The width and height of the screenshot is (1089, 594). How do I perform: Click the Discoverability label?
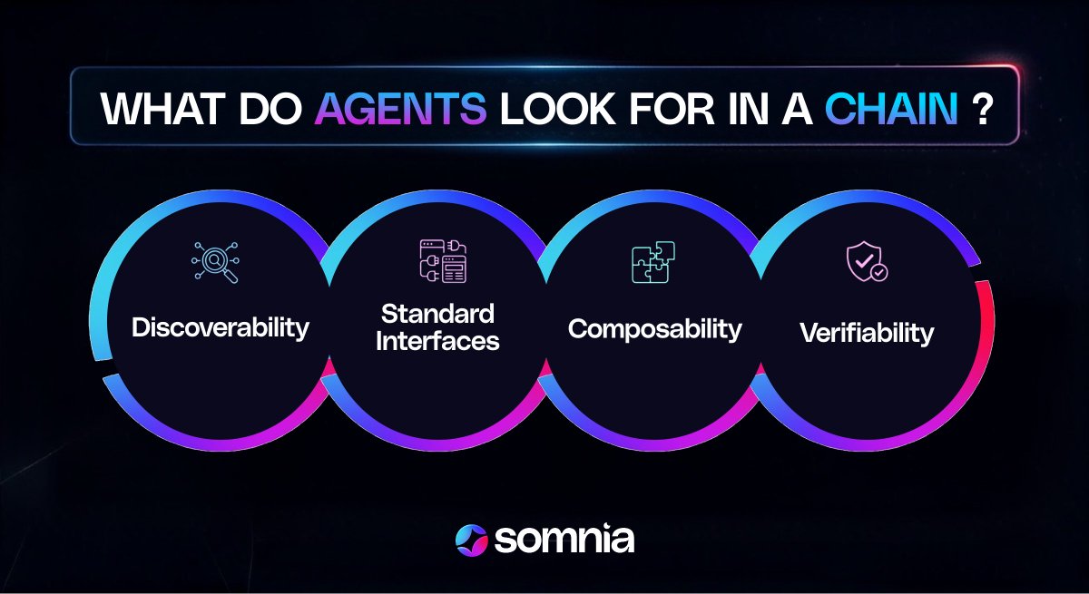(221, 327)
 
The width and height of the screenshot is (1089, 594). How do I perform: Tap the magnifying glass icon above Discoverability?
(215, 263)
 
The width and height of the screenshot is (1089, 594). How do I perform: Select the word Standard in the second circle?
(437, 315)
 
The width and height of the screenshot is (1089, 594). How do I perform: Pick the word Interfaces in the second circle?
(437, 342)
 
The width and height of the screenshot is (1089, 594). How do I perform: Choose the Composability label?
(654, 328)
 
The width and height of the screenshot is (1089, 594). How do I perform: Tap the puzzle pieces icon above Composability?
(653, 263)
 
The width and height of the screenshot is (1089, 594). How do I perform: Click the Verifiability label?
(866, 333)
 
